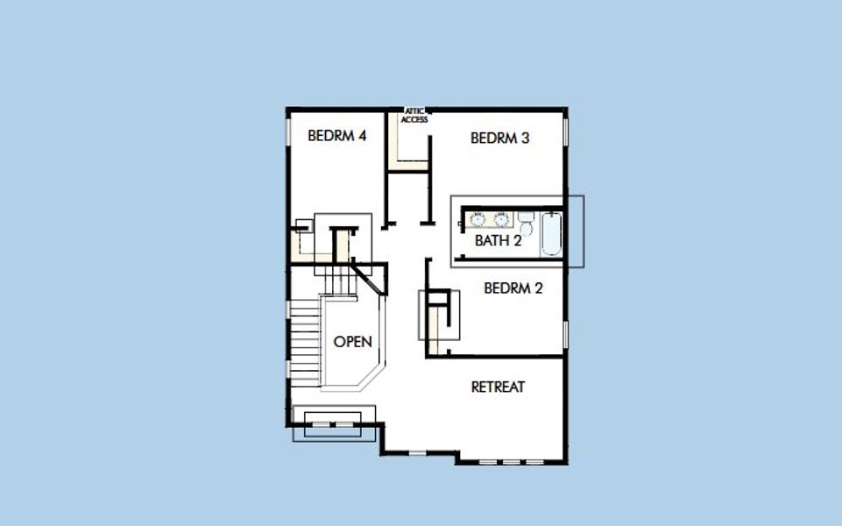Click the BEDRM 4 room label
point(336,136)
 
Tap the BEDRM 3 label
point(499,138)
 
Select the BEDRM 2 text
point(513,288)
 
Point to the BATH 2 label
point(498,240)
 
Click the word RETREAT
point(498,387)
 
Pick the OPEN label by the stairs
point(352,342)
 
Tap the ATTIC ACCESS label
point(414,116)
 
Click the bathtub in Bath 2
point(551,233)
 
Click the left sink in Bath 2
point(478,219)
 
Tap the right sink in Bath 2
point(501,219)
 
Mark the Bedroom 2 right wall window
point(566,334)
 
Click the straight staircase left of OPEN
point(306,338)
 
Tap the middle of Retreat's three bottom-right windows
point(512,461)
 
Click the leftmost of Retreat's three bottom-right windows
point(491,461)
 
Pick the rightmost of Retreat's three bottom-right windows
point(533,461)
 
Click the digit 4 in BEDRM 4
point(361,136)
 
